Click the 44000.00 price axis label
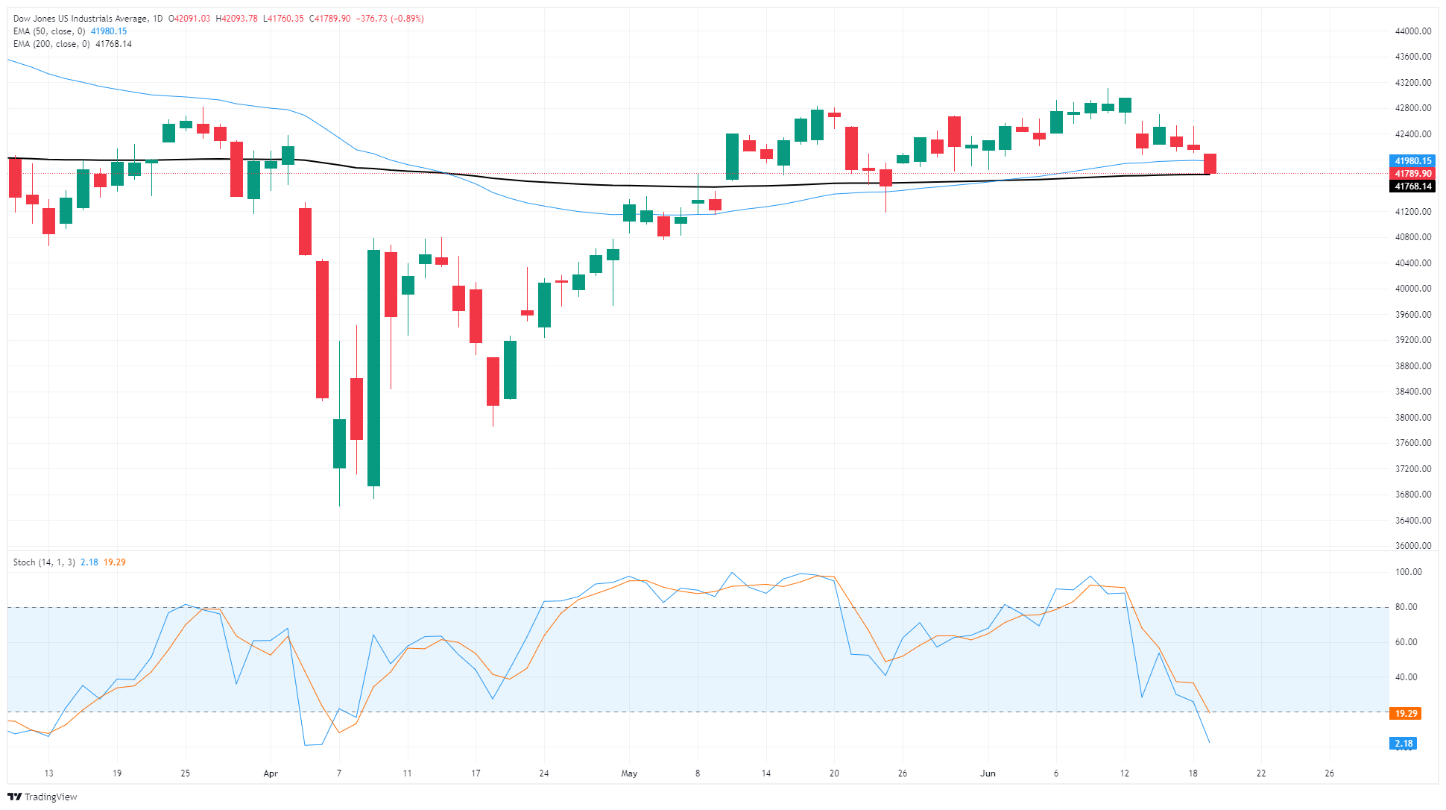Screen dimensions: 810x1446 [1412, 31]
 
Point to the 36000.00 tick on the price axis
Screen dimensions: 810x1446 [1412, 546]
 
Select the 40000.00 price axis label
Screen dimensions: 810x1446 [1412, 289]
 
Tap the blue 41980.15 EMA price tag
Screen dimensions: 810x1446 [1412, 161]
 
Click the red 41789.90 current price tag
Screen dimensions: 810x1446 [1412, 174]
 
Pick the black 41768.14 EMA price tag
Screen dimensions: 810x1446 [1412, 186]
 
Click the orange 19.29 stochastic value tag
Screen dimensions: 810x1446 [1406, 714]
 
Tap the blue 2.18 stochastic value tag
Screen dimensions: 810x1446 [1404, 744]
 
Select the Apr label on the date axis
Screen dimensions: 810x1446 [271, 773]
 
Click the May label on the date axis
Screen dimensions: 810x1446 [629, 773]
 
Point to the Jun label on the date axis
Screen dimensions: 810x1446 [988, 773]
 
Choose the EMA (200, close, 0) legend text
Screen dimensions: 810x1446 [51, 44]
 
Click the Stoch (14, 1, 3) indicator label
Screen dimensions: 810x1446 [44, 562]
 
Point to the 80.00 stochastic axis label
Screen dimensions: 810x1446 [1406, 607]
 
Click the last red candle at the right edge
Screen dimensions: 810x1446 [1210, 163]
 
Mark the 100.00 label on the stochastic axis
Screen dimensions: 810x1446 [1408, 572]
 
